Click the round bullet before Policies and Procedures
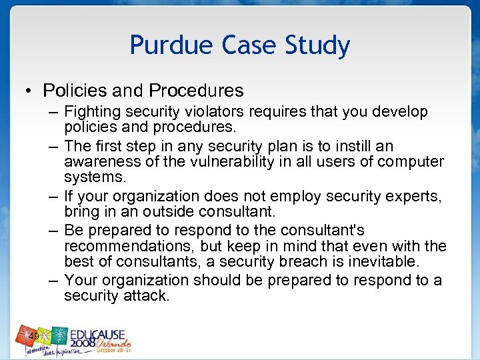(x=31, y=90)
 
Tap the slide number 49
(x=33, y=336)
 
